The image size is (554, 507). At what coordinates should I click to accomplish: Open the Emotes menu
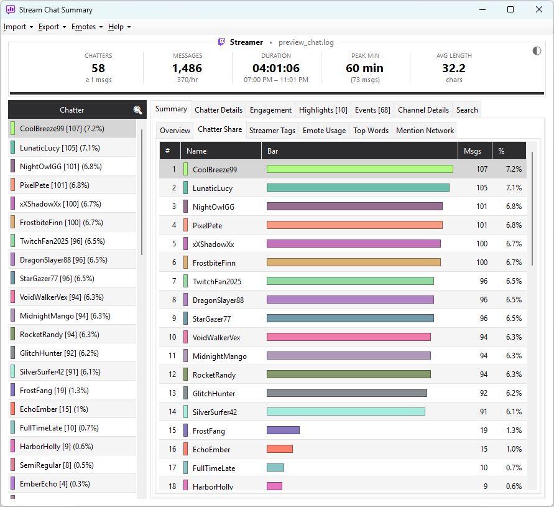coord(87,27)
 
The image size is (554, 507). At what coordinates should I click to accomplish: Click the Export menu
coord(52,27)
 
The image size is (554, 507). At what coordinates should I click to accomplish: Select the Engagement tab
coord(270,110)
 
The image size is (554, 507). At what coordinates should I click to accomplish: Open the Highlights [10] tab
coord(323,110)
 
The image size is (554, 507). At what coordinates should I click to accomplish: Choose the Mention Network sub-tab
coord(425,131)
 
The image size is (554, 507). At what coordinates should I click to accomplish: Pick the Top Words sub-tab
coord(371,131)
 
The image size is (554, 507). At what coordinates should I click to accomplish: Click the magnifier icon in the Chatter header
coord(137,110)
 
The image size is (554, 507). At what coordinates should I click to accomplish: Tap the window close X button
coord(539,9)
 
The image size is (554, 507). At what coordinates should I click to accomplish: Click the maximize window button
coord(510,9)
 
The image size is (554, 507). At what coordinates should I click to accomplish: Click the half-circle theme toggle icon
coord(537,51)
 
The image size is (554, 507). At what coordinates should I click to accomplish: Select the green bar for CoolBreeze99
coord(359,169)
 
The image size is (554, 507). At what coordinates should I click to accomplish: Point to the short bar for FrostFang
coord(283,430)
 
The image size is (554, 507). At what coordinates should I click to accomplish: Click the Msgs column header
coord(473,151)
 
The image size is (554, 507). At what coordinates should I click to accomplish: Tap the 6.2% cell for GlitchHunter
coord(514,393)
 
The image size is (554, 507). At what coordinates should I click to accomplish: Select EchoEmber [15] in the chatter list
coord(53,409)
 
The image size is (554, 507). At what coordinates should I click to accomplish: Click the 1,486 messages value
coord(187,68)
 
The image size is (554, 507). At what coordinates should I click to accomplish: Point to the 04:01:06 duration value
coord(275,68)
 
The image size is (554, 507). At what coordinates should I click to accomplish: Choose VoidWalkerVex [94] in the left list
coord(62,297)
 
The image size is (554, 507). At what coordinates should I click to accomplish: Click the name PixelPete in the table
coord(207,226)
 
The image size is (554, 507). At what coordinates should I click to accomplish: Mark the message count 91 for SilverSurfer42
coord(483,412)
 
